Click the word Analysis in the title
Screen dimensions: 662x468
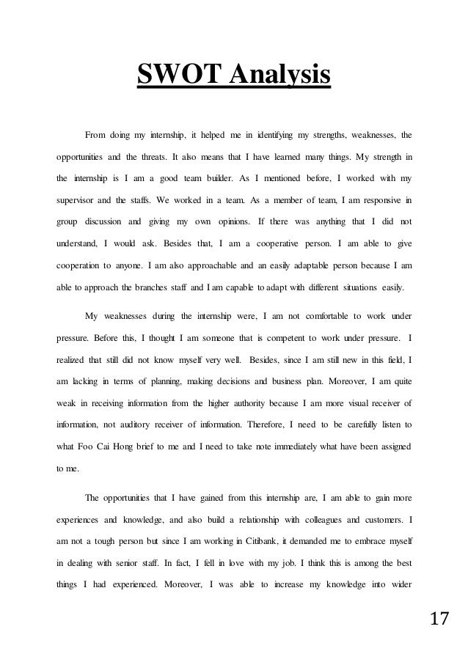point(281,76)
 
